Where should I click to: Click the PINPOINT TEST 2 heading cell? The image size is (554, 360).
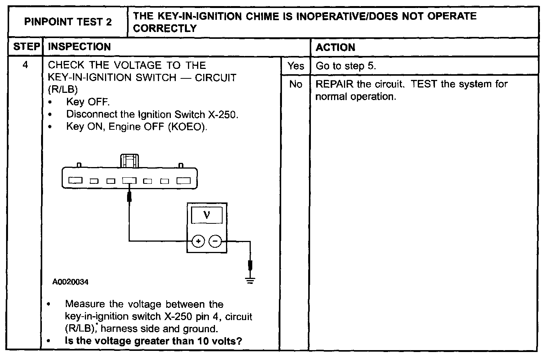68,22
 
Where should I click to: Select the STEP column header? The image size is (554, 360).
26,47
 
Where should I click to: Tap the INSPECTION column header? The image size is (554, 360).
79,47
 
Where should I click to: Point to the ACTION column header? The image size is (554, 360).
335,48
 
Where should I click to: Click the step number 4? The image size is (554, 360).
25,65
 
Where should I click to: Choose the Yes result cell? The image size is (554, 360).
296,66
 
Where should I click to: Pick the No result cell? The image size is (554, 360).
296,84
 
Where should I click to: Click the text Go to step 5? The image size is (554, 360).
345,66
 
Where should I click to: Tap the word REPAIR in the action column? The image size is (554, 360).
334,84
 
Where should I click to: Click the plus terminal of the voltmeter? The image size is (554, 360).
198,241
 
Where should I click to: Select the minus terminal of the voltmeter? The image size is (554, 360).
215,241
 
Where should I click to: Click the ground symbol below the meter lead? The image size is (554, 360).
250,281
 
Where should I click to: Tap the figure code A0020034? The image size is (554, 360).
70,282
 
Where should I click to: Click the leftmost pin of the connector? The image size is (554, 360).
76,181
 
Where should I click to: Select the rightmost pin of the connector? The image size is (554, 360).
183,181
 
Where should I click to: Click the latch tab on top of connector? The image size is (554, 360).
129,161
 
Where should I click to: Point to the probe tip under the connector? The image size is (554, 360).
129,197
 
